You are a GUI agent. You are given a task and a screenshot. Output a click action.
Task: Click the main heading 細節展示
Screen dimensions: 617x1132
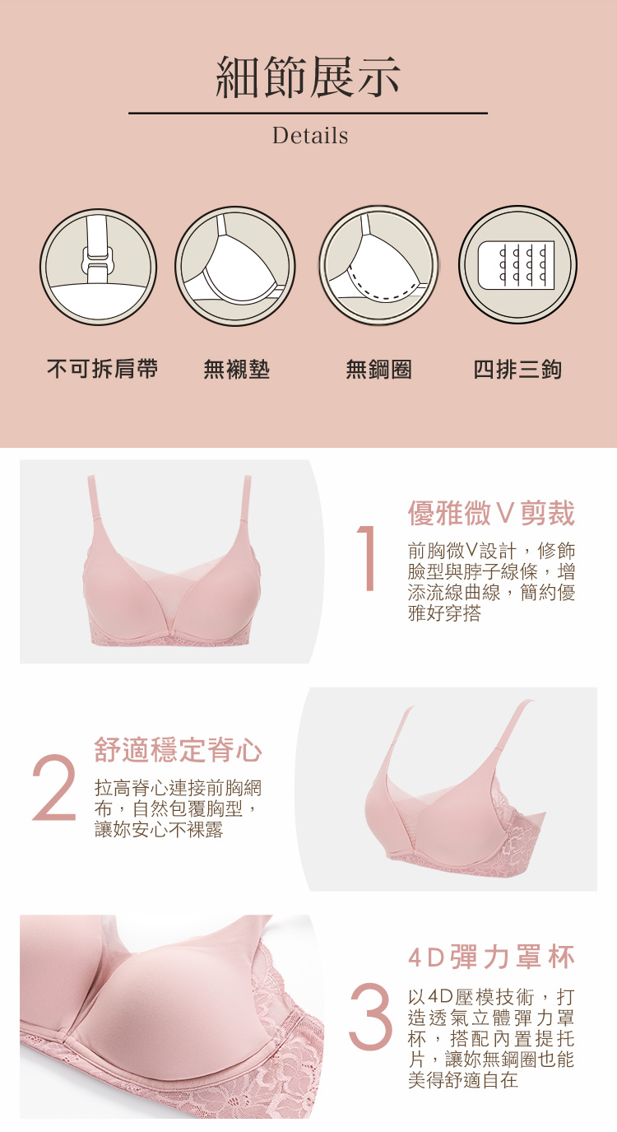[308, 77]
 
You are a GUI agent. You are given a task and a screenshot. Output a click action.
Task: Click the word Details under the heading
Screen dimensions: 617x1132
[310, 136]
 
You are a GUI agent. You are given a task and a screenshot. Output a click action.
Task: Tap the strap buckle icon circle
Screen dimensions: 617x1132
[99, 266]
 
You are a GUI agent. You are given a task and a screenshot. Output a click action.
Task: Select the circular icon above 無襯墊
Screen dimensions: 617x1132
[235, 266]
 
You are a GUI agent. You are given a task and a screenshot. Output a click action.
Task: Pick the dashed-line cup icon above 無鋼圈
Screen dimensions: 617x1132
[378, 265]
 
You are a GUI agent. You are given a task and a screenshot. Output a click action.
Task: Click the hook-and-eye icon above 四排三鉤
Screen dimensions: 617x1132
[517, 264]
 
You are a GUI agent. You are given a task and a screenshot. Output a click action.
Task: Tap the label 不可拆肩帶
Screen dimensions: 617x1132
[103, 369]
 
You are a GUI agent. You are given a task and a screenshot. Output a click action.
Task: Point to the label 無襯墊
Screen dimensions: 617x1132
[237, 370]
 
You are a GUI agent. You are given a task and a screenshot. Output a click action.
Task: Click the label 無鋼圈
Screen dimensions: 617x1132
[378, 370]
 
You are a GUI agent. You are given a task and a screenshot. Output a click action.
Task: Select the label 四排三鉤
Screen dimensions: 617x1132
[517, 370]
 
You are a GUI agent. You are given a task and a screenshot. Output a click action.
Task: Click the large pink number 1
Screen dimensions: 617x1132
[367, 558]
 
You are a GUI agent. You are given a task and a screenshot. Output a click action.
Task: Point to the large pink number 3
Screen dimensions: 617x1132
[369, 1015]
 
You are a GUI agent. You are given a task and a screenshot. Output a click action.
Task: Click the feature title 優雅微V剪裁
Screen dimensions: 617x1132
[491, 513]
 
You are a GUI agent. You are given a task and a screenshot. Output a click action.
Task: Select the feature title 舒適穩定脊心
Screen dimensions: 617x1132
[178, 749]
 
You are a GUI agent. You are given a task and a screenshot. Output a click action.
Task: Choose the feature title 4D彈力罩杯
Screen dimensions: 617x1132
[491, 957]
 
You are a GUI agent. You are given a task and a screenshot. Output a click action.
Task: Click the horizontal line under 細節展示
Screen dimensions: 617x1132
[308, 114]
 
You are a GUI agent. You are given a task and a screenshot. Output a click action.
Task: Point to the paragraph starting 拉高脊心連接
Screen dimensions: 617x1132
[178, 808]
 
